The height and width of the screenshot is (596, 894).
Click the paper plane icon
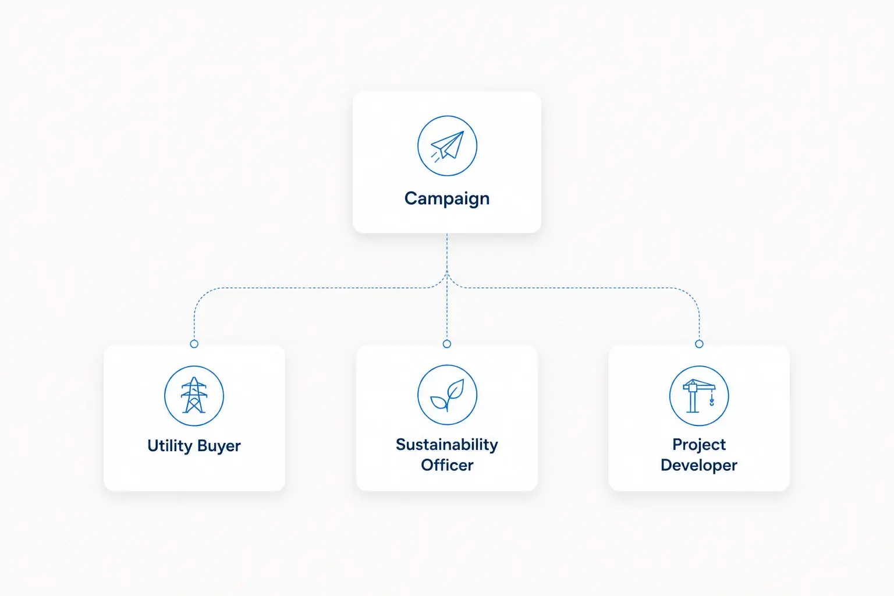pyautogui.click(x=448, y=146)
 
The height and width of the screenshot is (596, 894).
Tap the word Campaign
pyautogui.click(x=447, y=199)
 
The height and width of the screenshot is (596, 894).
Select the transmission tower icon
pyautogui.click(x=194, y=396)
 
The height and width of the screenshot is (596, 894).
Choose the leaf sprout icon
pyautogui.click(x=448, y=395)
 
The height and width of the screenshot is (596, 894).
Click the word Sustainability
pyautogui.click(x=447, y=445)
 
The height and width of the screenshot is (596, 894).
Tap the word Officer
pyautogui.click(x=447, y=465)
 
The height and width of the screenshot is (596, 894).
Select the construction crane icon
pyautogui.click(x=699, y=396)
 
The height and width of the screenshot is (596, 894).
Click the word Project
pyautogui.click(x=699, y=445)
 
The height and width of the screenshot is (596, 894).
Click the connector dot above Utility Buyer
pyautogui.click(x=194, y=344)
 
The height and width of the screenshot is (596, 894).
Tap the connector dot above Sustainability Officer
pyautogui.click(x=447, y=344)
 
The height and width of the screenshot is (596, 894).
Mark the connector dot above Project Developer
pyautogui.click(x=699, y=344)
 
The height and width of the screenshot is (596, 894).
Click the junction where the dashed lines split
pyautogui.click(x=447, y=273)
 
